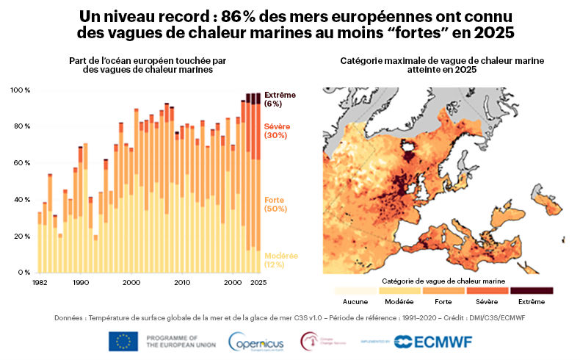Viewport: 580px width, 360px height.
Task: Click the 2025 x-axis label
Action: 257,282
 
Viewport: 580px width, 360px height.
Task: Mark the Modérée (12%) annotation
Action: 281,260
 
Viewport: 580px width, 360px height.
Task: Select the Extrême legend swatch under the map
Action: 532,291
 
